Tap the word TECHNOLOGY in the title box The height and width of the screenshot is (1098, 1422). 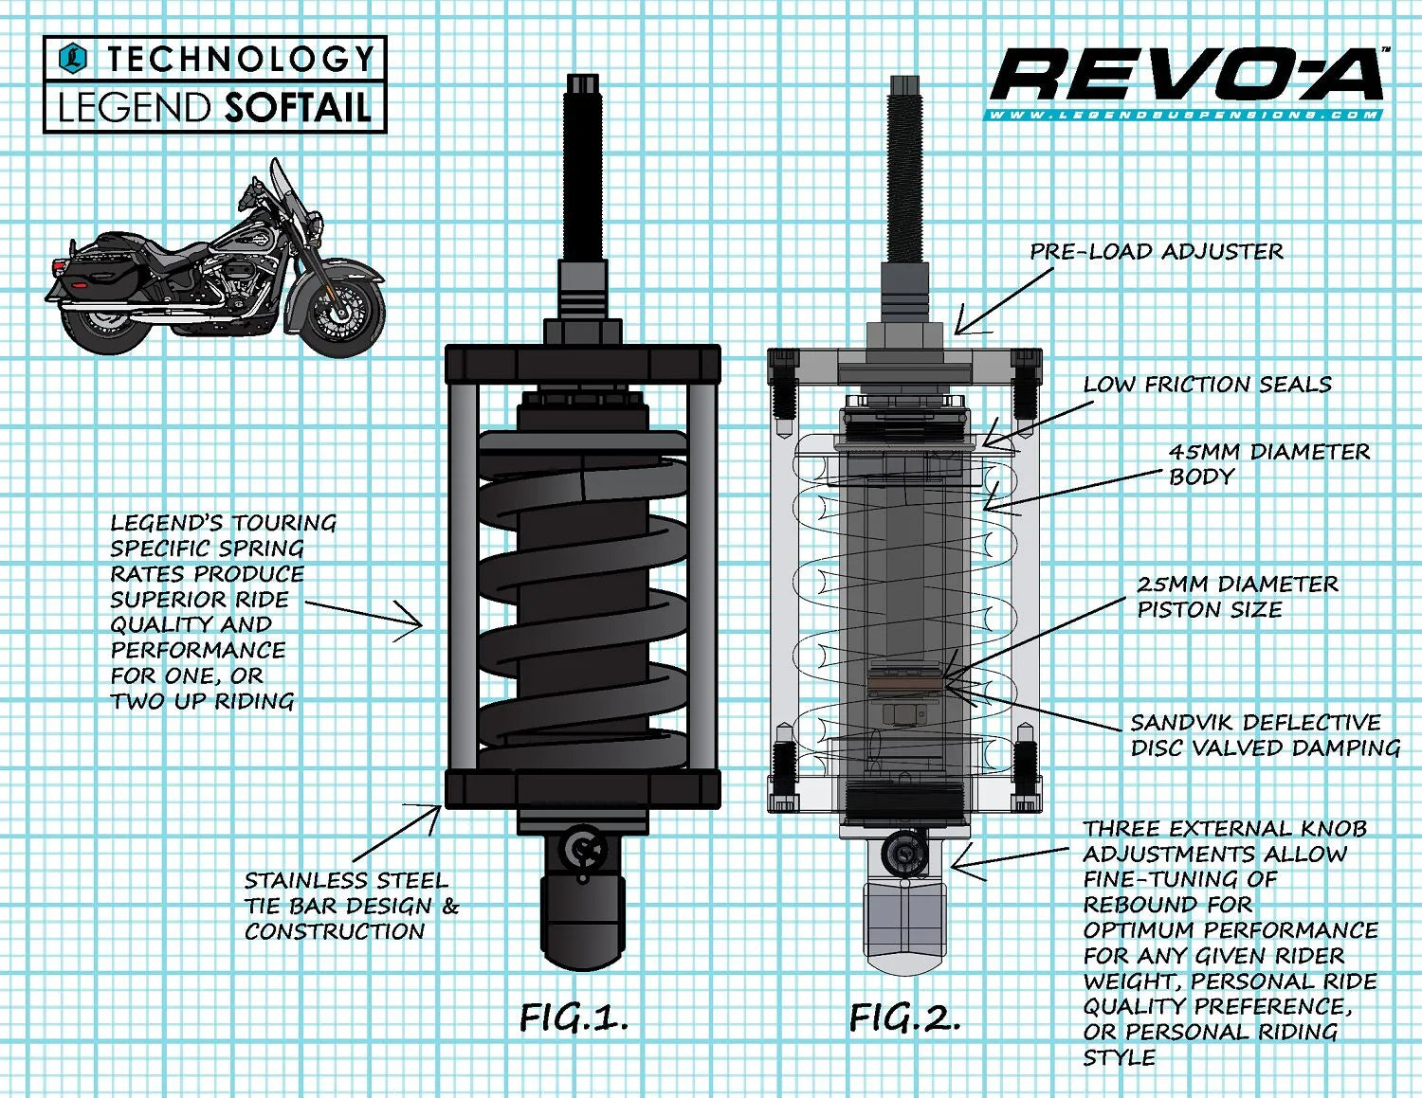coord(240,60)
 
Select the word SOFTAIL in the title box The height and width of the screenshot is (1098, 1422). coord(297,107)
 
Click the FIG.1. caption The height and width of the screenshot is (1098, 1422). coord(574,1017)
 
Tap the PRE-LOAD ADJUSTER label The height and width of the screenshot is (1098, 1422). coord(1157,251)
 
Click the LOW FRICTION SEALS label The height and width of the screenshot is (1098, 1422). coord(1207,384)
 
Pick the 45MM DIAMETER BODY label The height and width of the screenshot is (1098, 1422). coord(1267,463)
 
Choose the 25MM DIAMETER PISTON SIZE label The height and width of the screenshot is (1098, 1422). coord(1237,596)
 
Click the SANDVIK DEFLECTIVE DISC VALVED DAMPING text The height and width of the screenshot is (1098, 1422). coord(1265,735)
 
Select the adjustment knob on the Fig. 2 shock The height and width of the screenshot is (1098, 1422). coord(901,853)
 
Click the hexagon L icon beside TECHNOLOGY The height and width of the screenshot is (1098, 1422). coord(73,59)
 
